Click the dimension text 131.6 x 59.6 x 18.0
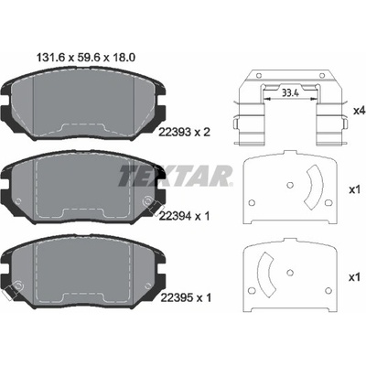pos(86,57)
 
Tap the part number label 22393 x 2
pos(185,132)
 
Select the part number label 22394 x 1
pos(185,216)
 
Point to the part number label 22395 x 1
pos(185,297)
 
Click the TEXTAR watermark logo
pos(176,176)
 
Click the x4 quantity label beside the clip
pos(359,111)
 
